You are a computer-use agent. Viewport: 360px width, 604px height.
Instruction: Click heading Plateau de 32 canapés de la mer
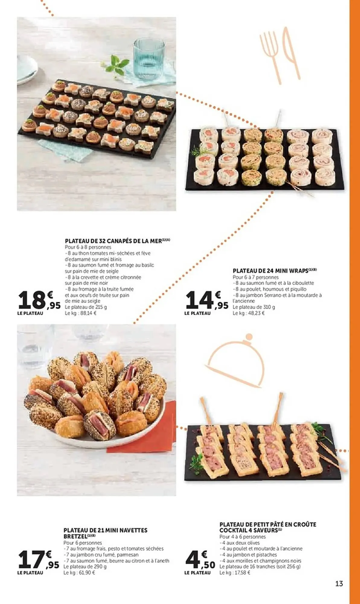[x=118, y=241]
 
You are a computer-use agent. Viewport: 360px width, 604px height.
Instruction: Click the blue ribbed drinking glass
[x=149, y=59]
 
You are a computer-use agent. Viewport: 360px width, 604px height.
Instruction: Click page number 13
[x=339, y=584]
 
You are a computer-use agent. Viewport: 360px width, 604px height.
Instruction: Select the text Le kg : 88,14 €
[x=81, y=313]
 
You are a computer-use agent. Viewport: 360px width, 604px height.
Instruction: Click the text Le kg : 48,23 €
[x=248, y=313]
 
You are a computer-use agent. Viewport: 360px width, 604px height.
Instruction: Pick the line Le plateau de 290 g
[x=85, y=567]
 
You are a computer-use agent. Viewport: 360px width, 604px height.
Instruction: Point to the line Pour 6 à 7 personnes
[x=256, y=277]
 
